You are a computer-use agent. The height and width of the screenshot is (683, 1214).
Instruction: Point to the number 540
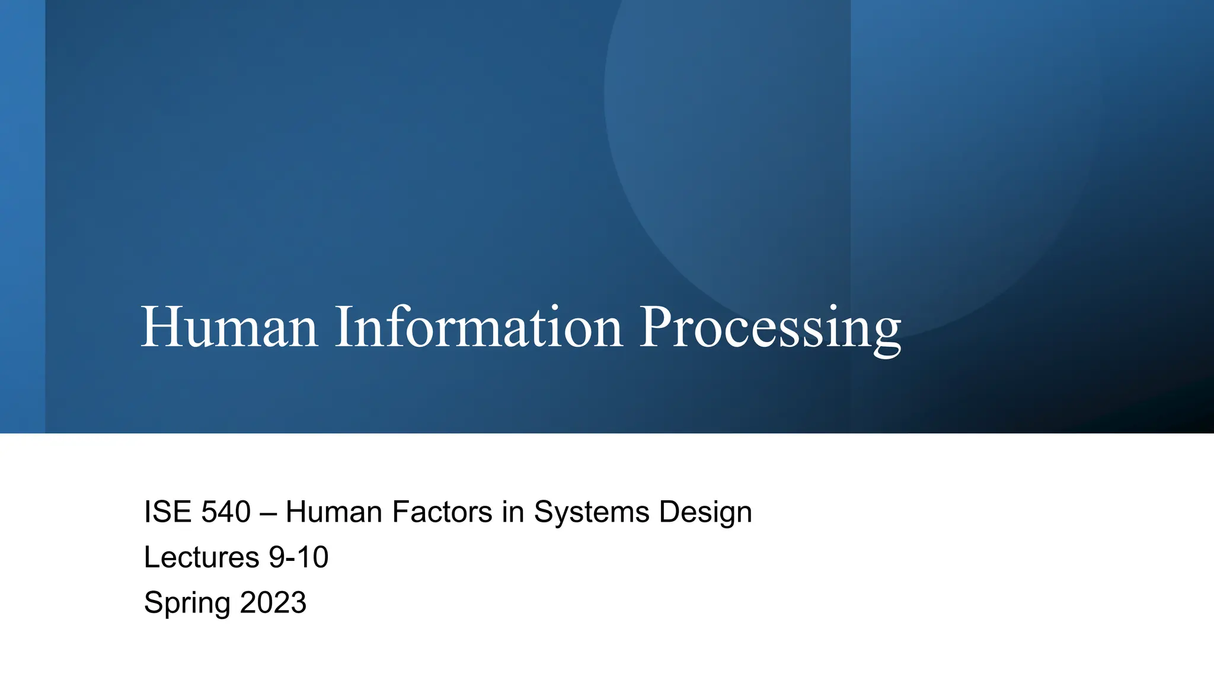tap(226, 512)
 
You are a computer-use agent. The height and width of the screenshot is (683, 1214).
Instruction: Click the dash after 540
tap(268, 513)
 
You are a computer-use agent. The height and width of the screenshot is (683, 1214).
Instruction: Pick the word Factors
tap(442, 512)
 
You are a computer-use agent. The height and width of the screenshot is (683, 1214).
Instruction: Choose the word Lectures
tap(202, 557)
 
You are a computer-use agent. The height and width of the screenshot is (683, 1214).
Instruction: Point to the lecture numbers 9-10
tap(299, 557)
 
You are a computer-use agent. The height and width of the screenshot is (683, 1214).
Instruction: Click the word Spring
tap(187, 604)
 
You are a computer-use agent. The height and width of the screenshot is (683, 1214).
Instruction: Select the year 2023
tap(273, 602)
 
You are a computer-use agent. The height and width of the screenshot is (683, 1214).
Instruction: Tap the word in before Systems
tap(513, 512)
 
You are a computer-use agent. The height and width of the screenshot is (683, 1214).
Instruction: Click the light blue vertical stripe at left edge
tap(22, 216)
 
